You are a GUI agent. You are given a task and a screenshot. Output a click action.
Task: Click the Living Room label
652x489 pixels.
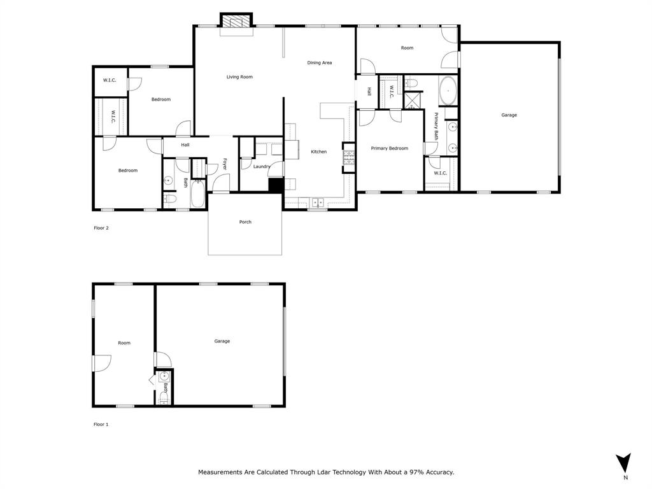(239, 77)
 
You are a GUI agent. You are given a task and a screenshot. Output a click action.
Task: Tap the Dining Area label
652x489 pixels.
(319, 62)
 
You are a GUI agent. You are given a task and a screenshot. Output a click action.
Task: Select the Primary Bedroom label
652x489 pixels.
(389, 148)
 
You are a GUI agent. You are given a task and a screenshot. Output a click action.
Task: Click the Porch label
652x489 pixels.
(245, 222)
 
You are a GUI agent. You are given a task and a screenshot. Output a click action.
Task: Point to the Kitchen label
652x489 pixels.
(318, 152)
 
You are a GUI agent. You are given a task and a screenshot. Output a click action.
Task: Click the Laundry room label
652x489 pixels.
(262, 167)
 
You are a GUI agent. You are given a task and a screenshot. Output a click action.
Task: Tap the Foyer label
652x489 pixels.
(225, 164)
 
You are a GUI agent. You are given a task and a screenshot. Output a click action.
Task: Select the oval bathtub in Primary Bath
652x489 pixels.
(448, 91)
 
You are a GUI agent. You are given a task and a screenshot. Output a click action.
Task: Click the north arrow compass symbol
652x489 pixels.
(625, 463)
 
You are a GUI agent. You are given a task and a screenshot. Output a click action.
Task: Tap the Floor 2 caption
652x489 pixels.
(101, 227)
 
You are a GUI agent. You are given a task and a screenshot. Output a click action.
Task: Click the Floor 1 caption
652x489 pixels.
(101, 424)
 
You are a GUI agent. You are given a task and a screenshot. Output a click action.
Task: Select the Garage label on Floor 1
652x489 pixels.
(222, 341)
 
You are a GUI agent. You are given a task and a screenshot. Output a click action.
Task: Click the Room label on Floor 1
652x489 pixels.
(124, 343)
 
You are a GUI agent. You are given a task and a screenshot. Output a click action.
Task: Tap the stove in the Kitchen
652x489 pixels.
(348, 157)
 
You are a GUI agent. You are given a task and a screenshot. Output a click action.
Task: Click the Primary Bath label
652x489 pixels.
(436, 126)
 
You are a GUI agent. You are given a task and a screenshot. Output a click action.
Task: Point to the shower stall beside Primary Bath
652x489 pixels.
(413, 101)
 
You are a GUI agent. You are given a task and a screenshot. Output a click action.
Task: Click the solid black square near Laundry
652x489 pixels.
(275, 185)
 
